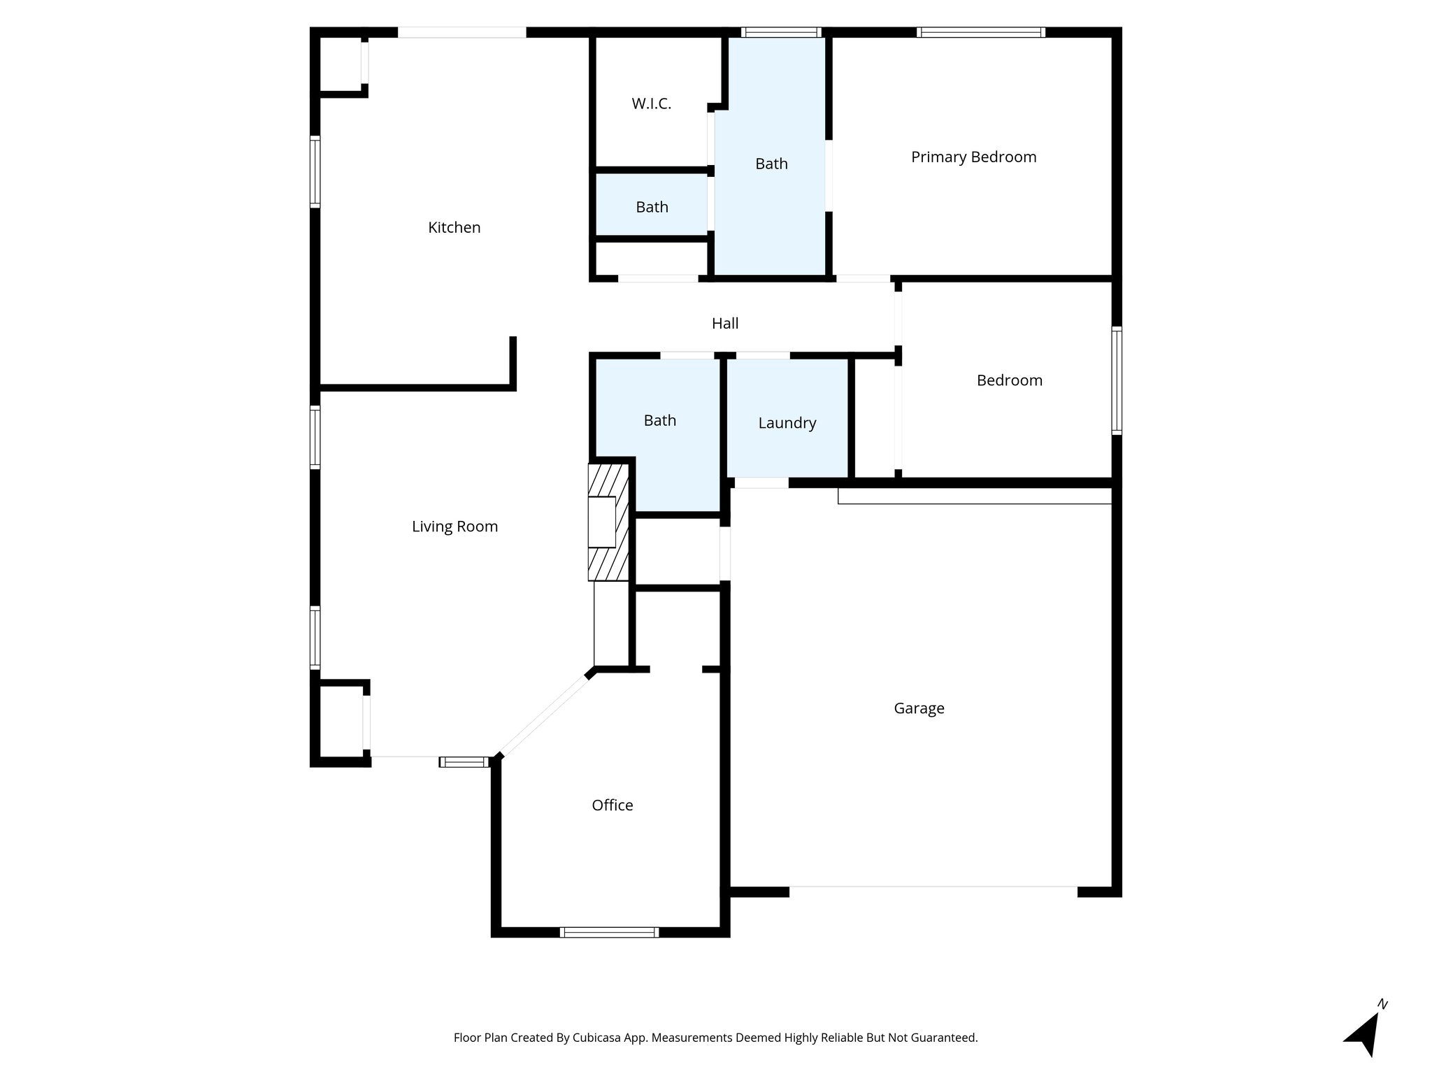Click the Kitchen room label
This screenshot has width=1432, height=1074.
coord(454,227)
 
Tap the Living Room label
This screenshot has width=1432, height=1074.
coord(454,527)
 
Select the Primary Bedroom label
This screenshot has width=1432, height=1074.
coord(973,157)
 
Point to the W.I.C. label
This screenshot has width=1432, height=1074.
coord(651,103)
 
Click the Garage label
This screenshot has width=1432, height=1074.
coord(919,708)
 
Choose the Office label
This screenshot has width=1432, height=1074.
coord(612,805)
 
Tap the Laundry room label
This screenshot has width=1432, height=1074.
coord(787,423)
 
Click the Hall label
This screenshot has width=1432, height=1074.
coord(725,323)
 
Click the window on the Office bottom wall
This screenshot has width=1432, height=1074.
coord(609,932)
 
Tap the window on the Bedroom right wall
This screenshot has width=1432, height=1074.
coord(1117,380)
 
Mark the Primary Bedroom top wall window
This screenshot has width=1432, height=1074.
coord(980,32)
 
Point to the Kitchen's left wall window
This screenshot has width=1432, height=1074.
coord(315,171)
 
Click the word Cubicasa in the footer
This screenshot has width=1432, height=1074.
coord(598,1038)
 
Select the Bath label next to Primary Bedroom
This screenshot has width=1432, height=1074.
coord(771,164)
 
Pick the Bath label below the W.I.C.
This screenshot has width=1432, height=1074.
coord(652,207)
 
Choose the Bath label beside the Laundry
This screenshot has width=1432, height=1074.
coord(659,420)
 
